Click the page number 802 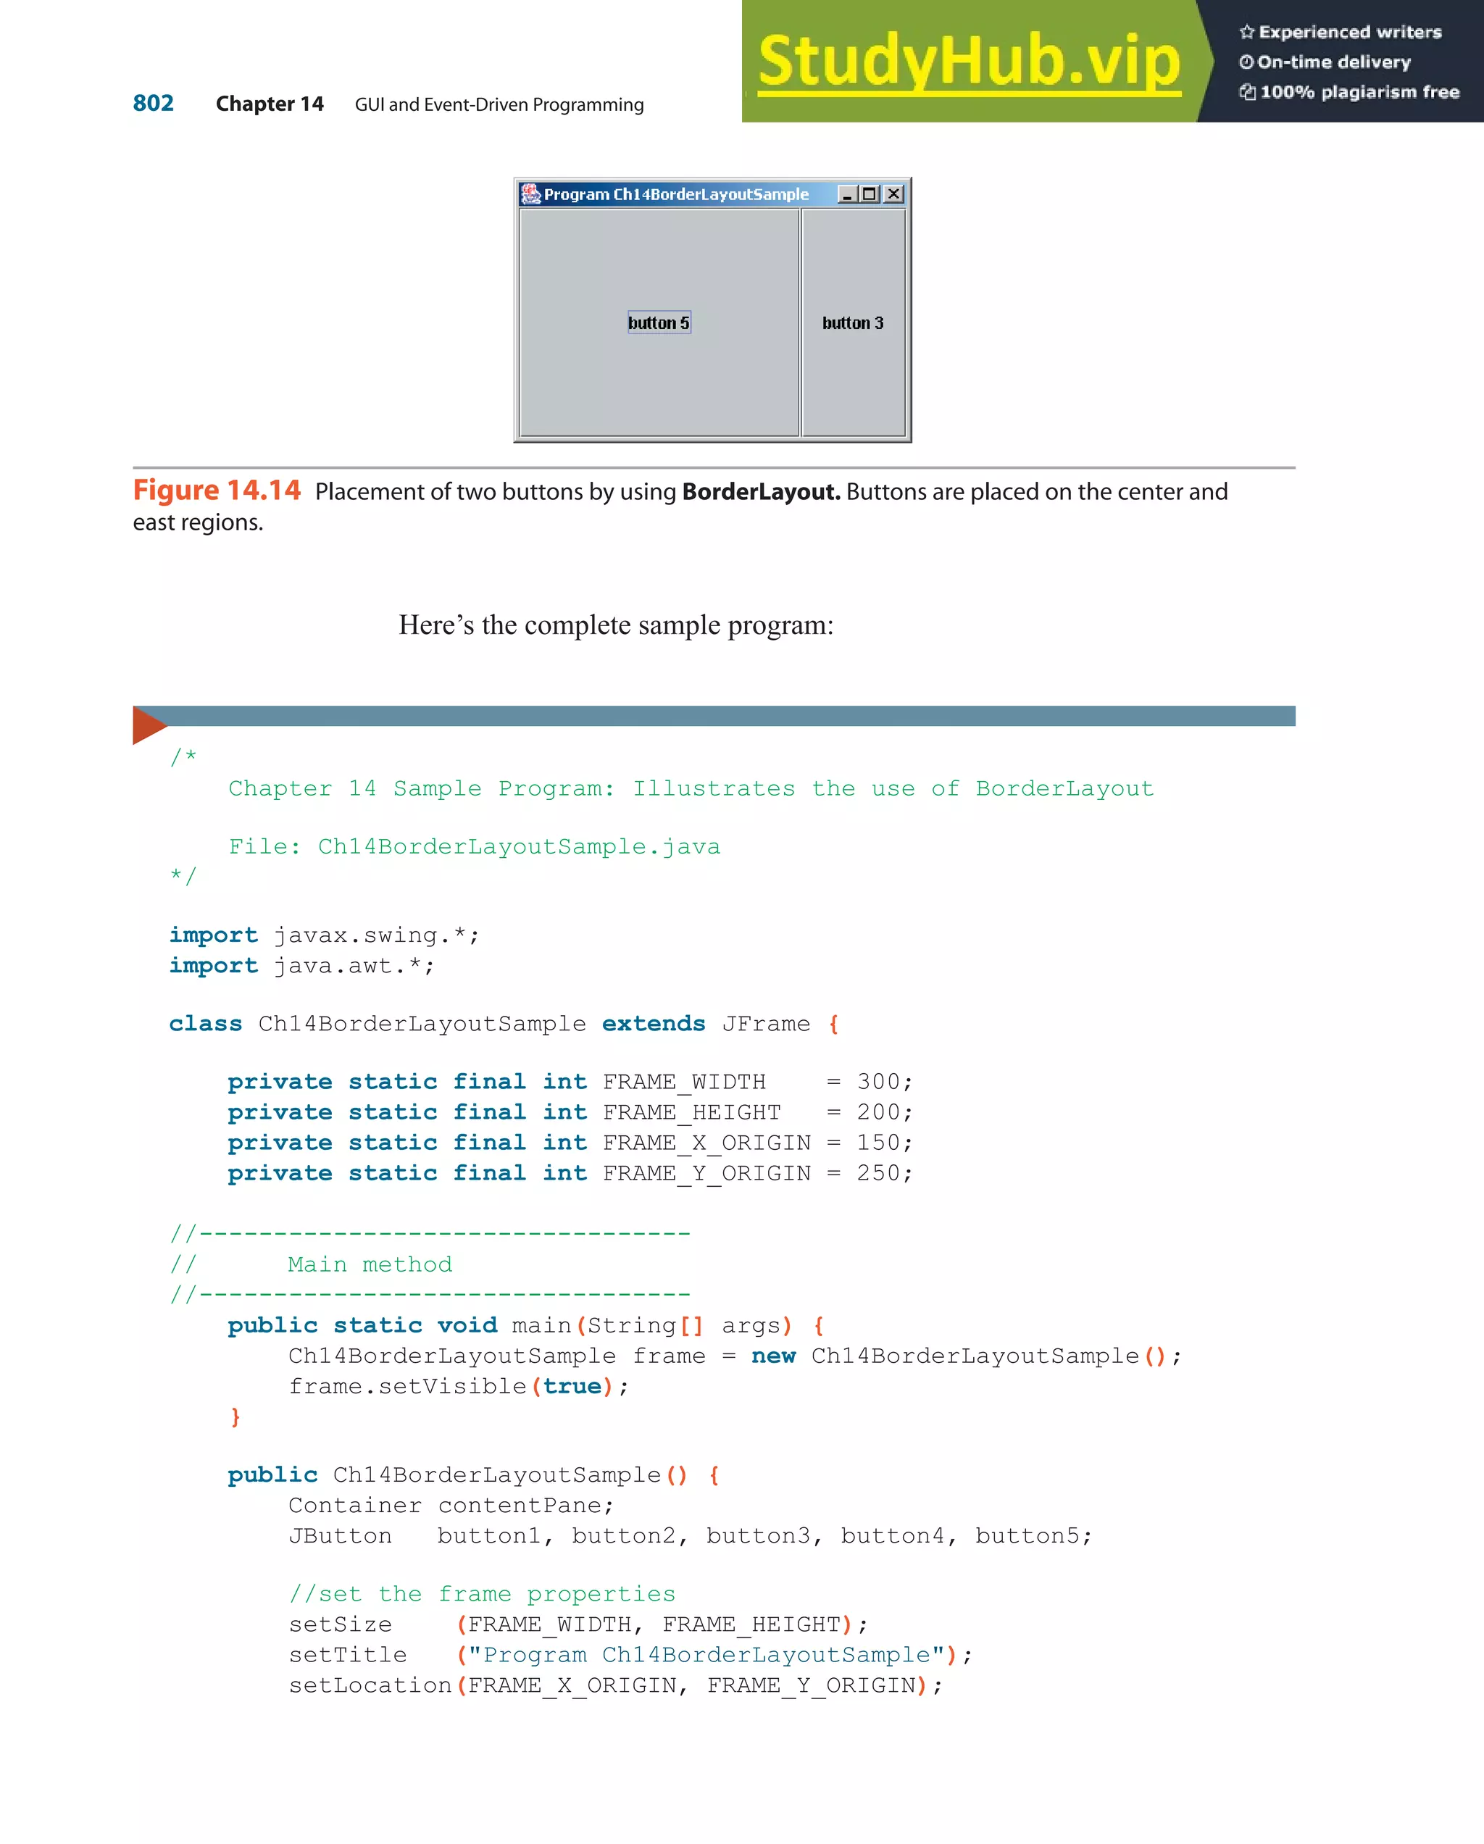click(153, 104)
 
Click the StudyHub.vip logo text click(969, 61)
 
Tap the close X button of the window click(894, 194)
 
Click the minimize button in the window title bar click(847, 194)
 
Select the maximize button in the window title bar click(870, 194)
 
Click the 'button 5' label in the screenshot click(659, 322)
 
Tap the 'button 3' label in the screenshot click(853, 322)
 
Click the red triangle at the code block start click(147, 725)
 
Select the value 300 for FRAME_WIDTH click(878, 1082)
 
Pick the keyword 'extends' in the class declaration click(654, 1024)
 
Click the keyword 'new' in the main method click(773, 1356)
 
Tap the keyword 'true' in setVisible click(572, 1386)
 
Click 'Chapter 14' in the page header click(270, 104)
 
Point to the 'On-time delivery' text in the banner click(1333, 62)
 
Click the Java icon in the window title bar click(531, 194)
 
